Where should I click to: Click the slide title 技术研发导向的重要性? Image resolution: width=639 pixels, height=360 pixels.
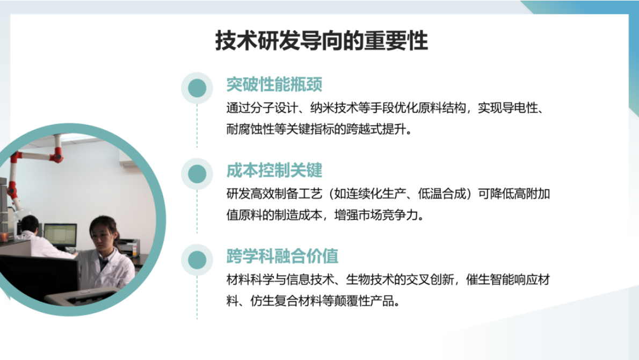coord(321,41)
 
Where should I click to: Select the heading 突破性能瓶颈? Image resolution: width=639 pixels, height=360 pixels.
coord(274,85)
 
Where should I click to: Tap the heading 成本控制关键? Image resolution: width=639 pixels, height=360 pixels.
coord(274,171)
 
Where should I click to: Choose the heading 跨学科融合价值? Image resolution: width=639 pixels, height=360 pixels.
coord(282,256)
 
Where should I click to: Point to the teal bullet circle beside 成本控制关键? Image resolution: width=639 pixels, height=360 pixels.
coord(197,174)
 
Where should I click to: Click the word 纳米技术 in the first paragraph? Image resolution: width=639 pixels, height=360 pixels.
coord(333,108)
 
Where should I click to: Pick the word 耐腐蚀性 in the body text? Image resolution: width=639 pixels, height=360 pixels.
coord(250,130)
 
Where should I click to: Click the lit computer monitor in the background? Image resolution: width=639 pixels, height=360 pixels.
coord(60,234)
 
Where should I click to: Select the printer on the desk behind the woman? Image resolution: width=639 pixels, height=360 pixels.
coord(128,247)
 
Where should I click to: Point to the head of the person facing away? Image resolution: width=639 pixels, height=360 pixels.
coord(30,222)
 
